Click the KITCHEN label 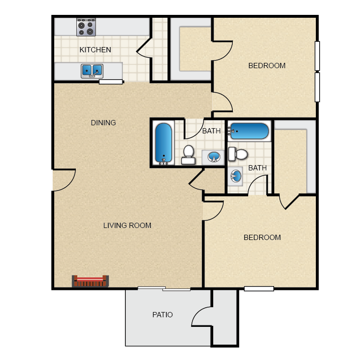(x=95, y=50)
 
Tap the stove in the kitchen (x=86, y=27)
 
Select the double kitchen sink (x=92, y=71)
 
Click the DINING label (x=103, y=123)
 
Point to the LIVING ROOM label (x=127, y=226)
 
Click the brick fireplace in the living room (x=90, y=281)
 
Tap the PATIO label (x=162, y=315)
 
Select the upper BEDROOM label (x=267, y=66)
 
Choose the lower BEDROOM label (x=262, y=238)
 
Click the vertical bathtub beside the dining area (x=164, y=143)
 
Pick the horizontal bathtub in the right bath (x=250, y=131)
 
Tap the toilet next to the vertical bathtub (x=188, y=154)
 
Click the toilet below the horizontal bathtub (x=238, y=154)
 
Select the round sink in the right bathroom (x=236, y=176)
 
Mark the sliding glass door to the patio (x=164, y=288)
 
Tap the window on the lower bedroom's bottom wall (x=259, y=288)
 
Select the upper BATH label (x=211, y=131)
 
